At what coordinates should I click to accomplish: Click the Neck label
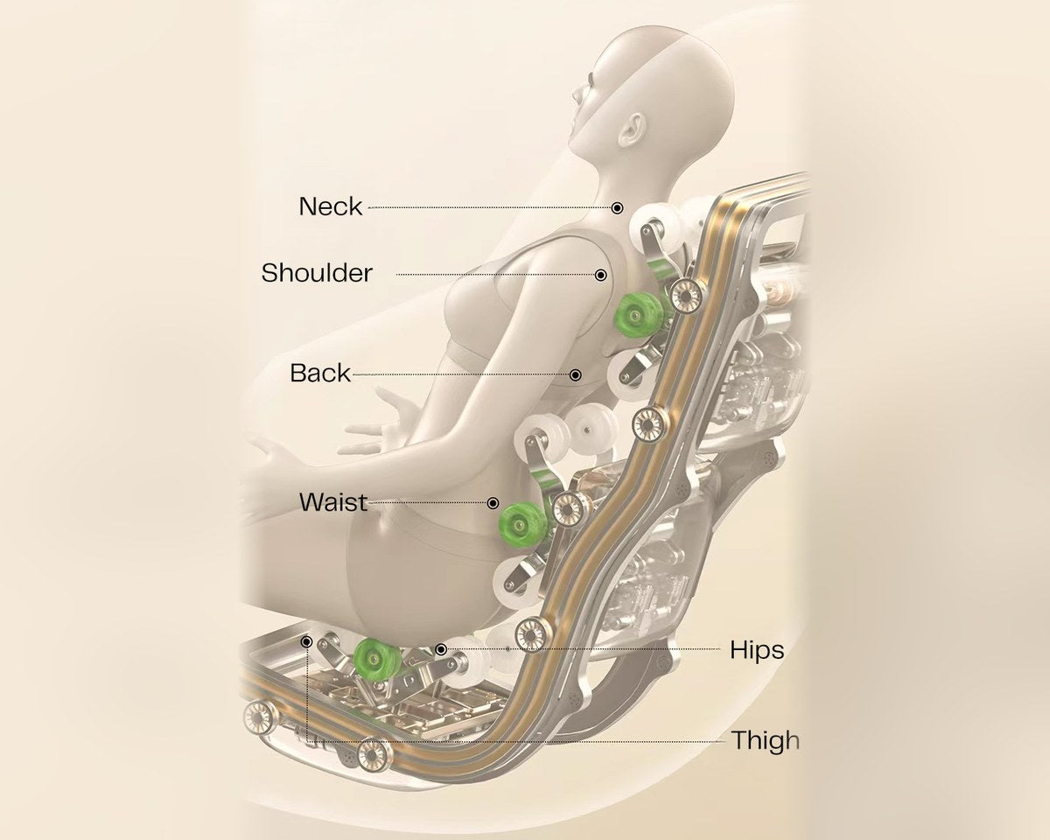click(331, 206)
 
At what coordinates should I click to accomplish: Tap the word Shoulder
click(317, 273)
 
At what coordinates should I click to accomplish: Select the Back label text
click(320, 374)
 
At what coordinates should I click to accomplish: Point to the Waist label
click(333, 502)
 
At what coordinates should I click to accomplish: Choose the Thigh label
click(766, 740)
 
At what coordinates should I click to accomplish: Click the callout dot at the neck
click(617, 208)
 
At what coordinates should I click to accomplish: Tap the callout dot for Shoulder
click(600, 275)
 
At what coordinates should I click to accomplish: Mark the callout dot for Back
click(576, 374)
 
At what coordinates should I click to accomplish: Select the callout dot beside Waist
click(493, 503)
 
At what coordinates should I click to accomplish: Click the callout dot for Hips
click(441, 649)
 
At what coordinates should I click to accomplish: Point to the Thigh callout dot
click(306, 641)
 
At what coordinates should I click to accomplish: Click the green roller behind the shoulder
click(637, 315)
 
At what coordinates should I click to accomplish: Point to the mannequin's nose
click(579, 95)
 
